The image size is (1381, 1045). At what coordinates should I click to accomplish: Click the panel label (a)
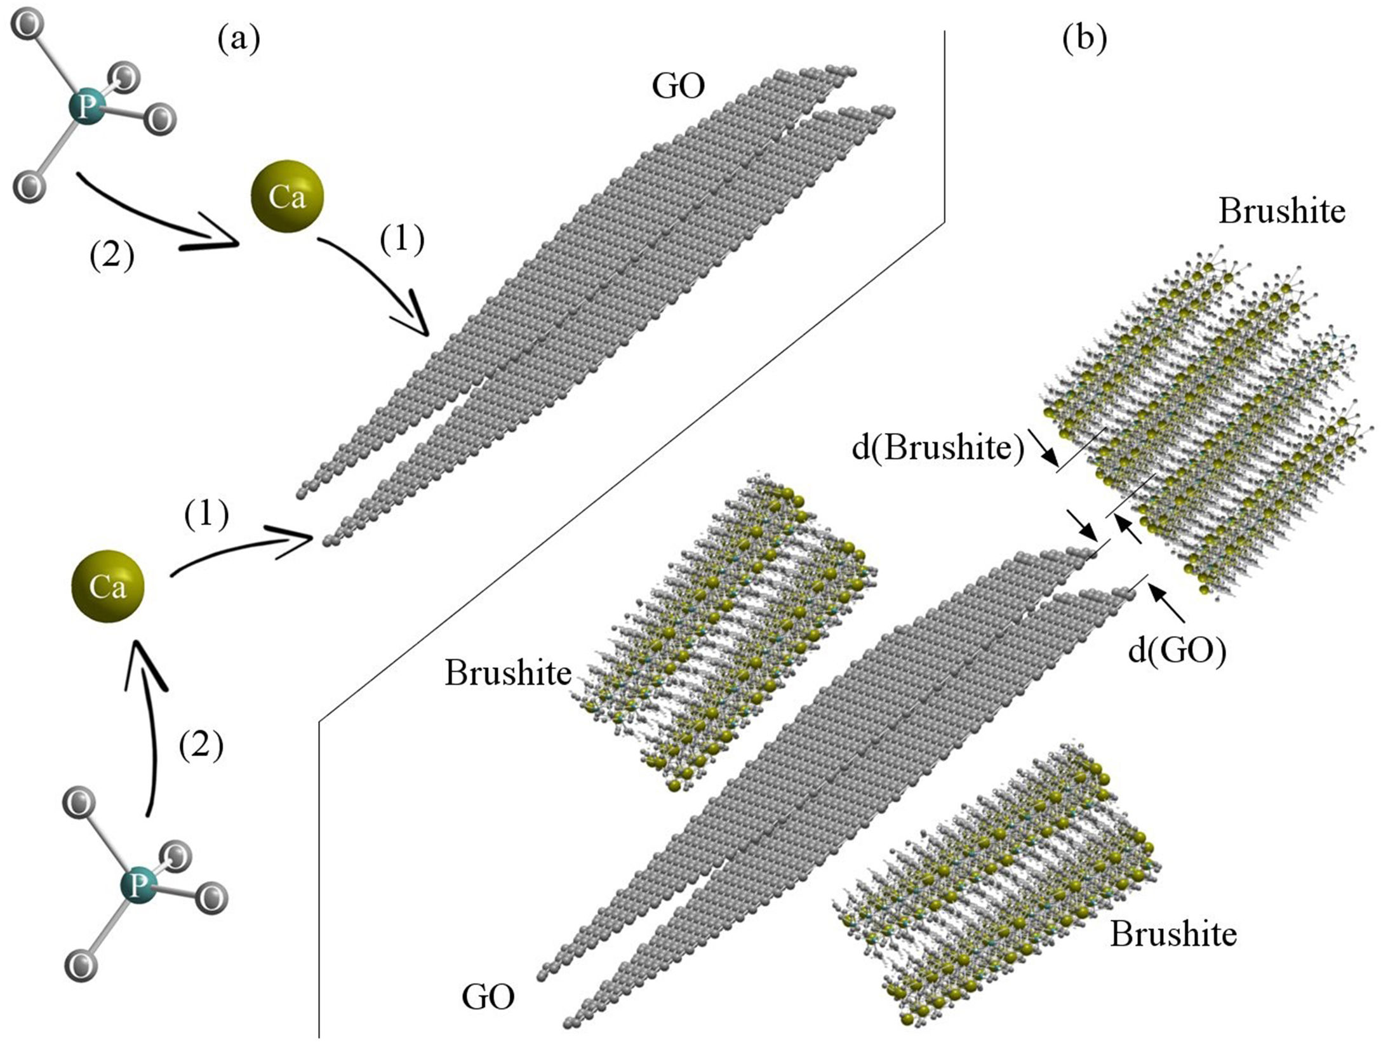click(239, 41)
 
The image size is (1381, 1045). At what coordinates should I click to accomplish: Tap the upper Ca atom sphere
click(287, 196)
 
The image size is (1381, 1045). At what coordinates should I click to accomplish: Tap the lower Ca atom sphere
click(108, 587)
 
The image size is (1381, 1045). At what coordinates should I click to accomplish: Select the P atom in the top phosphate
click(86, 108)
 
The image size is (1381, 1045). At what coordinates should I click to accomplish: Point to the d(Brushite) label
click(938, 448)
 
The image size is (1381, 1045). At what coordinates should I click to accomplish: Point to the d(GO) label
click(1177, 652)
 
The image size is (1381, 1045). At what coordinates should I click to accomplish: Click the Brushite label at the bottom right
click(1173, 933)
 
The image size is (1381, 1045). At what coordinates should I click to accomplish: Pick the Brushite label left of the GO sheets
click(508, 673)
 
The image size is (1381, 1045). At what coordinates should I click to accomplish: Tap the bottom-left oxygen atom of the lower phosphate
click(82, 966)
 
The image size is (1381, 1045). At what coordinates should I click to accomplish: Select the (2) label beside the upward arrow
click(201, 745)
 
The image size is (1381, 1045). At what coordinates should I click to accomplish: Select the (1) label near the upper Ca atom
click(401, 241)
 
